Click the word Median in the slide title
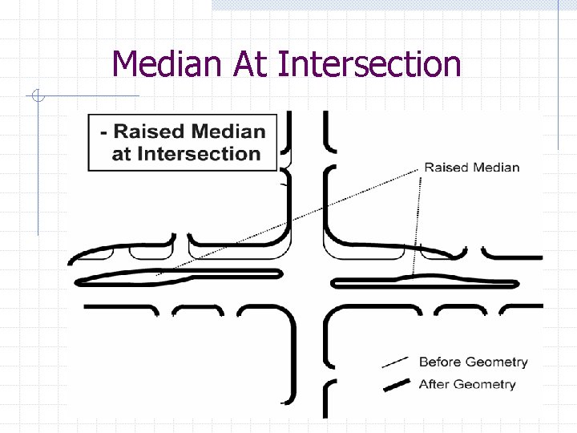click(168, 64)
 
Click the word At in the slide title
click(250, 64)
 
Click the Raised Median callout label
click(471, 168)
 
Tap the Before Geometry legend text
click(474, 362)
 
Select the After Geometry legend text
click(467, 384)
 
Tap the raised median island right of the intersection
click(425, 281)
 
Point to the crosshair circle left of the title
click(38, 97)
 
